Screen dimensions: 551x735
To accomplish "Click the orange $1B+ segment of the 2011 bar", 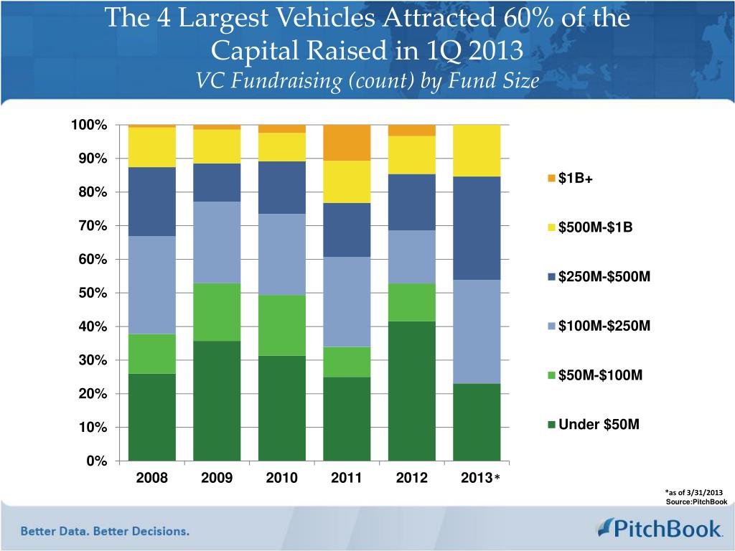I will pos(347,142).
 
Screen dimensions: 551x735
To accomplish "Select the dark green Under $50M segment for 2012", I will pos(412,390).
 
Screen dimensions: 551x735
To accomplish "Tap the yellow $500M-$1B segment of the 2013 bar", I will pos(477,150).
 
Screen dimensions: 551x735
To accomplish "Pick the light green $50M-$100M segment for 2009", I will pos(217,311).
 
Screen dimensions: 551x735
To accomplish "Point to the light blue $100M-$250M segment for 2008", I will pos(151,285).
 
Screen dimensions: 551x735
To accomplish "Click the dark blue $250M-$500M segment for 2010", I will pos(282,187).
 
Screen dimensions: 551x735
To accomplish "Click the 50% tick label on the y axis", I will pos(92,293).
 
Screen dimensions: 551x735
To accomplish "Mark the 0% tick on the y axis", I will pos(95,461).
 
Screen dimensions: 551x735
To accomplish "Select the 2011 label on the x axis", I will pos(347,478).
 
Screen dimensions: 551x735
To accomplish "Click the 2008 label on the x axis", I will pos(151,478).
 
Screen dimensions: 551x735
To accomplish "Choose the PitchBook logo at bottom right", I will pos(659,529).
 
